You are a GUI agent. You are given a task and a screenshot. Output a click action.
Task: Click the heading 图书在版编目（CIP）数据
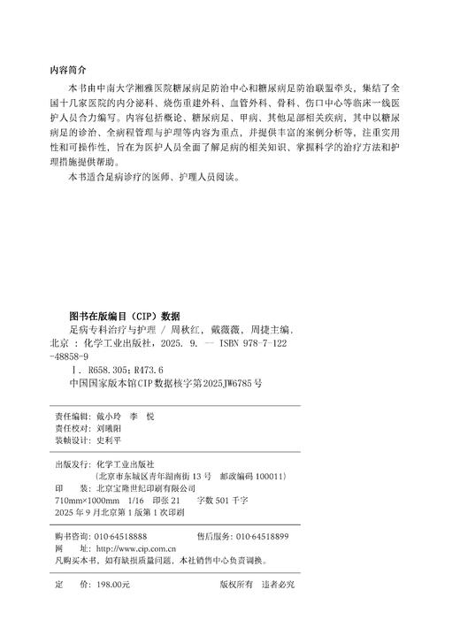click(x=124, y=315)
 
